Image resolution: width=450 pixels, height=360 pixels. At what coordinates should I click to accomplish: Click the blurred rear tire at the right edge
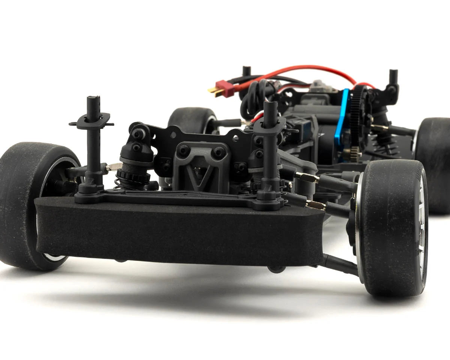point(435,165)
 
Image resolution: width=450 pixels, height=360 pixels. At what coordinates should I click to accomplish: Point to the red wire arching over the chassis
point(300,69)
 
